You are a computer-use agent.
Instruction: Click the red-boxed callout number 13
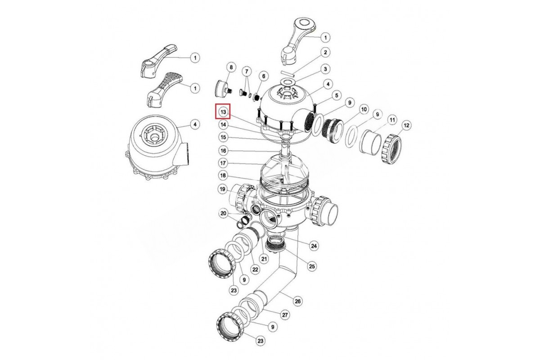(223, 112)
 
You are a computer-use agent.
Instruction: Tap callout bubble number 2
(325, 52)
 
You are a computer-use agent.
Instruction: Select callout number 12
(406, 126)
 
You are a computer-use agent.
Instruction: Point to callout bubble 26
(298, 301)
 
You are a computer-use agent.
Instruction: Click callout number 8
(231, 67)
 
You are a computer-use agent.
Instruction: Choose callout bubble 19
(223, 189)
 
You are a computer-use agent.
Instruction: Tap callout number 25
(312, 266)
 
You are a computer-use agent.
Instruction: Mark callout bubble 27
(285, 315)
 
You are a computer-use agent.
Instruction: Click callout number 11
(392, 120)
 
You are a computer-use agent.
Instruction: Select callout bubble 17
(223, 163)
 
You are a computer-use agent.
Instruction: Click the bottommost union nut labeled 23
(231, 328)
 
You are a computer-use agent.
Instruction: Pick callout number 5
(336, 95)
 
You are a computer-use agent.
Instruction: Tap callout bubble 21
(264, 259)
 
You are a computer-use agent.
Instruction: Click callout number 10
(364, 109)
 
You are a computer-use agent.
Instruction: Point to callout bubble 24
(314, 246)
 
